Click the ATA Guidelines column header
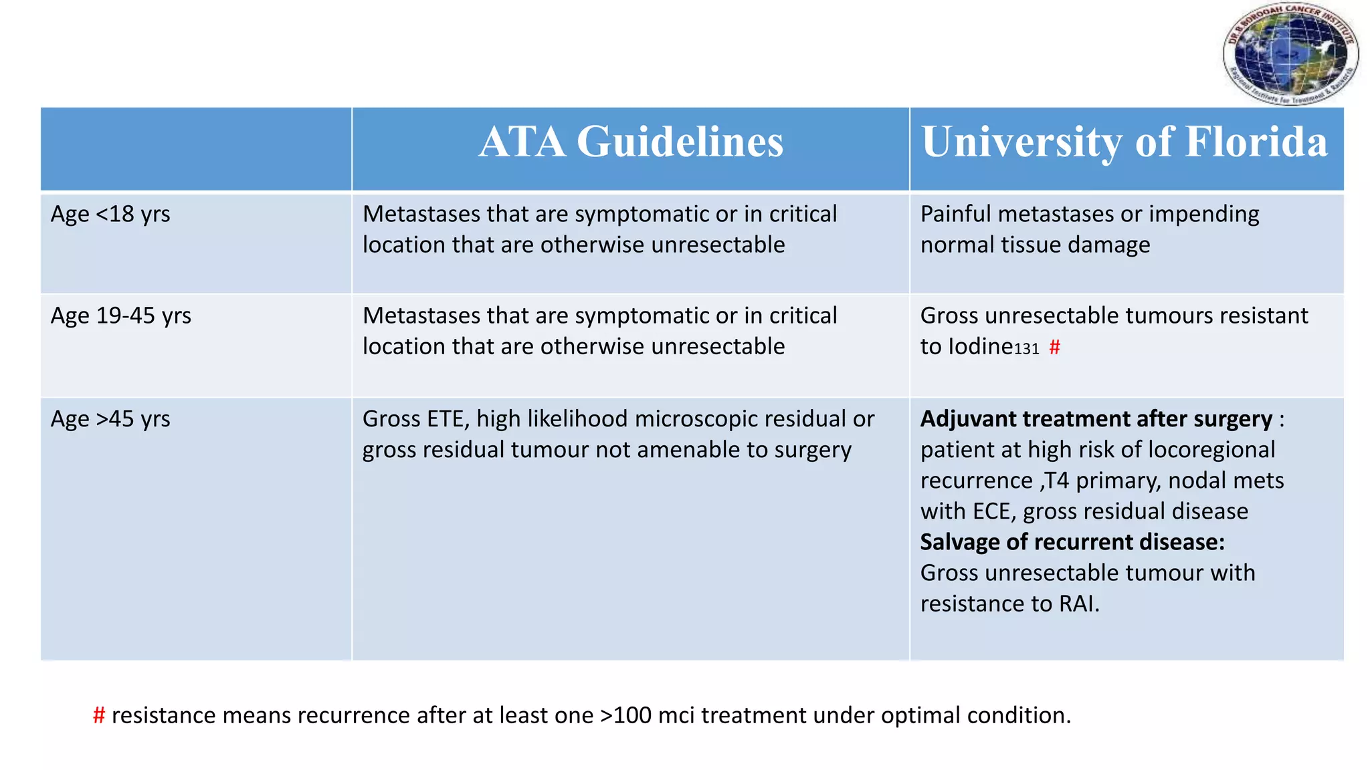coord(631,142)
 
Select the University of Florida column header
coord(1124,142)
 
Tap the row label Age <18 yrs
coord(110,215)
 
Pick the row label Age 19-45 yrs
coord(121,316)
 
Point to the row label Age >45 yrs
coord(110,420)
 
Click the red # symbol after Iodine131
coord(1054,348)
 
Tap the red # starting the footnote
coord(99,716)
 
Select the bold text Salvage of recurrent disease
coord(1072,542)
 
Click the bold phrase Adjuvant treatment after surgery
coord(1096,419)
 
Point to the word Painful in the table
coord(955,215)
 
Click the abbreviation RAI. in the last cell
coord(1079,604)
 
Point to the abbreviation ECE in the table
coord(994,511)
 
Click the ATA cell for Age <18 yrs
coord(599,230)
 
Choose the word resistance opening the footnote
coord(167,716)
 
